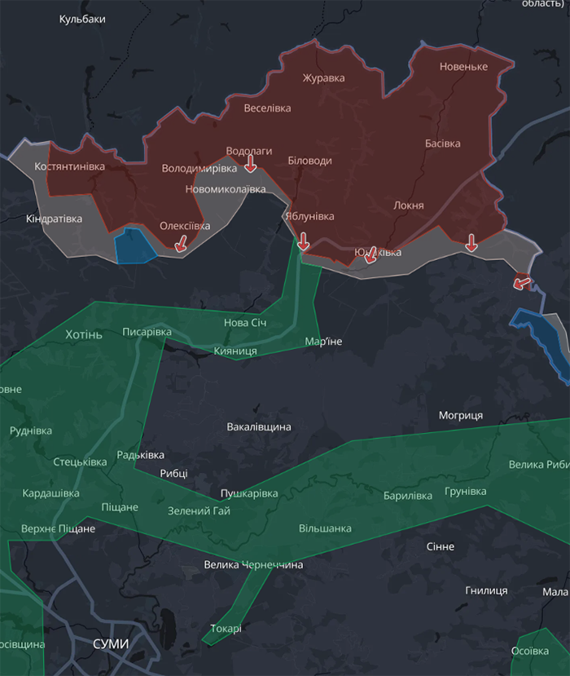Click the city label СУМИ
coord(111,643)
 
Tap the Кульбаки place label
coord(82,19)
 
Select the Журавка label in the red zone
coord(323,78)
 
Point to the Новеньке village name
coord(463,67)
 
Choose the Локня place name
coord(408,205)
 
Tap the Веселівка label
coord(267,108)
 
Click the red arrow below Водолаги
coord(251,165)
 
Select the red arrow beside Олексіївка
coord(181,242)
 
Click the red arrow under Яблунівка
coord(303,241)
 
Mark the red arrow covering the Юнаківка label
coord(370,255)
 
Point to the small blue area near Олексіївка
coord(135,247)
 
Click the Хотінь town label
coord(84,334)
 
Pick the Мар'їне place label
coord(323,341)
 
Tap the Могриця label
coord(461,415)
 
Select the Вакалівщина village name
coord(259,426)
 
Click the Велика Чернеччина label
coord(253,564)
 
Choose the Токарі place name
coord(226,628)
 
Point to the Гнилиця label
coord(486,590)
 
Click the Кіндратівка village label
coord(54,219)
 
